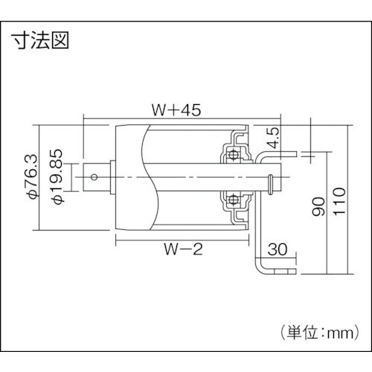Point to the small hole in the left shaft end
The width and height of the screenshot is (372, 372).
pyautogui.click(x=94, y=177)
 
